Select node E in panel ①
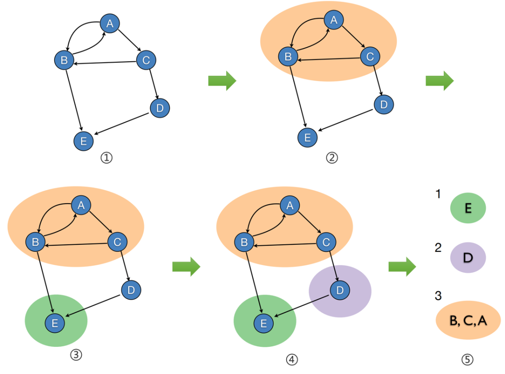click(x=84, y=141)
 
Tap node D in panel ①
click(x=159, y=108)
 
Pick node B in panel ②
click(x=288, y=57)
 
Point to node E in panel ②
click(x=308, y=137)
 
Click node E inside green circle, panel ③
click(x=55, y=323)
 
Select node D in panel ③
click(x=131, y=290)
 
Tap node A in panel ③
click(x=80, y=205)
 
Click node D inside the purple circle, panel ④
click(x=340, y=290)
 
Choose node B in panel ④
click(x=244, y=242)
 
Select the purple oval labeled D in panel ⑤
click(x=468, y=257)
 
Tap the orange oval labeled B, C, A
click(x=468, y=321)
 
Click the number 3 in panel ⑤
click(x=438, y=296)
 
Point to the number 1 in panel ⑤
click(x=438, y=194)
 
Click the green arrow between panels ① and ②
click(x=222, y=81)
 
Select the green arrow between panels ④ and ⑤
click(x=402, y=267)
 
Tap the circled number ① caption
click(x=107, y=158)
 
